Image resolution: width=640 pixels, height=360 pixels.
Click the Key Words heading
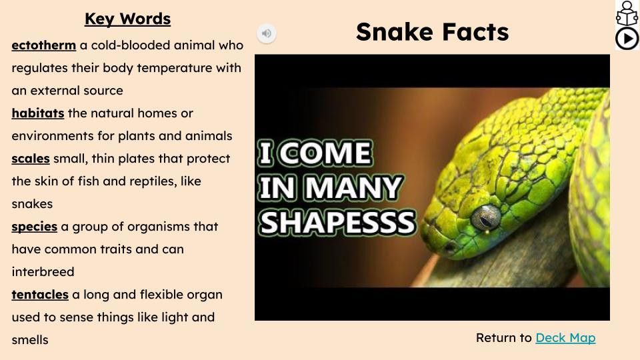[x=127, y=19]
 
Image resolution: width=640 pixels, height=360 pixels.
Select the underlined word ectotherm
[x=43, y=45]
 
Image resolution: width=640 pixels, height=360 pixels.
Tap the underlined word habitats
[x=38, y=113]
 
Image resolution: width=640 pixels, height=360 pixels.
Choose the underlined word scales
[x=31, y=159]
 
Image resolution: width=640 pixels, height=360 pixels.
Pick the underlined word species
[x=34, y=227]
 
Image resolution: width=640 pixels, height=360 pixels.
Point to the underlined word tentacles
[x=40, y=295]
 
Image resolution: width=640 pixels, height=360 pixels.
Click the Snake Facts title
[x=432, y=32]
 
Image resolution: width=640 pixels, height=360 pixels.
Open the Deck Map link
[x=565, y=338]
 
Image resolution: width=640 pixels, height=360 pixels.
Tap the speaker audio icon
[x=267, y=33]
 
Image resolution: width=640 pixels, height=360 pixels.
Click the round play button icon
[x=627, y=39]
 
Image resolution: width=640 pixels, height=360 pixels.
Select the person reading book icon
[x=627, y=13]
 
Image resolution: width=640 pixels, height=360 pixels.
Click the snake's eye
[x=486, y=217]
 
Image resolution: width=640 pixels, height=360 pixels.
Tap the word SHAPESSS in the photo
[x=337, y=223]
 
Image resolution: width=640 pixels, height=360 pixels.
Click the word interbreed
[x=43, y=272]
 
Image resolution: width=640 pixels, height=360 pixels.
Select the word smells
[x=30, y=340]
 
